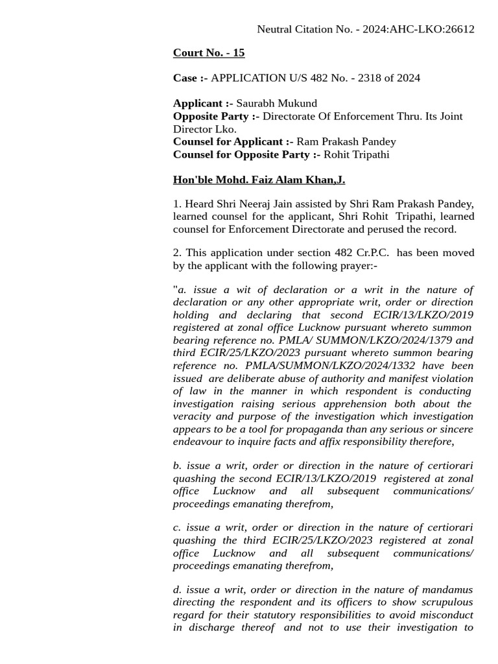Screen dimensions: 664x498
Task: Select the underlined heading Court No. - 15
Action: point(208,53)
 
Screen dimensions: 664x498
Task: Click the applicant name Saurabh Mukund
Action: point(276,103)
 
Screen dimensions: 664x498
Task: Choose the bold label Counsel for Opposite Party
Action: point(246,154)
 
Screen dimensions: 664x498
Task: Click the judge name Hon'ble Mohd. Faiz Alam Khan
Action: point(259,180)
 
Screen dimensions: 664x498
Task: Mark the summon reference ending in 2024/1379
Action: point(377,340)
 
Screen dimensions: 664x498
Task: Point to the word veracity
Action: point(193,416)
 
